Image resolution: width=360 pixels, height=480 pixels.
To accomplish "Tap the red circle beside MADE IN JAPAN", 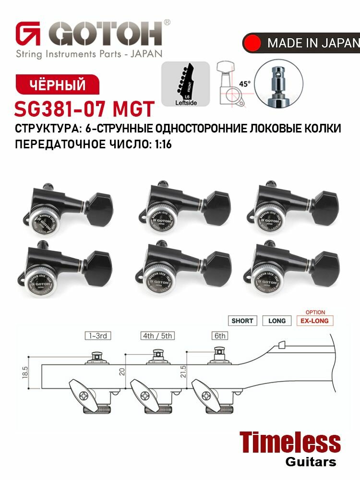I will click(x=252, y=43).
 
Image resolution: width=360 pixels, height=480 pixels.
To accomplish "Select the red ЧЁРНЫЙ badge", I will click(x=58, y=85).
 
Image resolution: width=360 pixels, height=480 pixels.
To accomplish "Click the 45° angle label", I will click(x=245, y=83).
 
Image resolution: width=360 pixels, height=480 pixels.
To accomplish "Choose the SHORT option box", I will click(x=242, y=321).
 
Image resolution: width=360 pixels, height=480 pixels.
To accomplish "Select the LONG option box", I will click(x=277, y=321).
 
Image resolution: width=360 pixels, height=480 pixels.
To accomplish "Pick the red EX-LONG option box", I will click(x=315, y=321).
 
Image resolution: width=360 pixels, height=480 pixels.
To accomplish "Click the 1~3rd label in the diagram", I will click(x=97, y=336).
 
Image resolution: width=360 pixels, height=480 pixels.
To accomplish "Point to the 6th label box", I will click(x=220, y=336).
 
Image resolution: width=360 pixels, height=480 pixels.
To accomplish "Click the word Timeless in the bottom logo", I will click(x=289, y=442).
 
